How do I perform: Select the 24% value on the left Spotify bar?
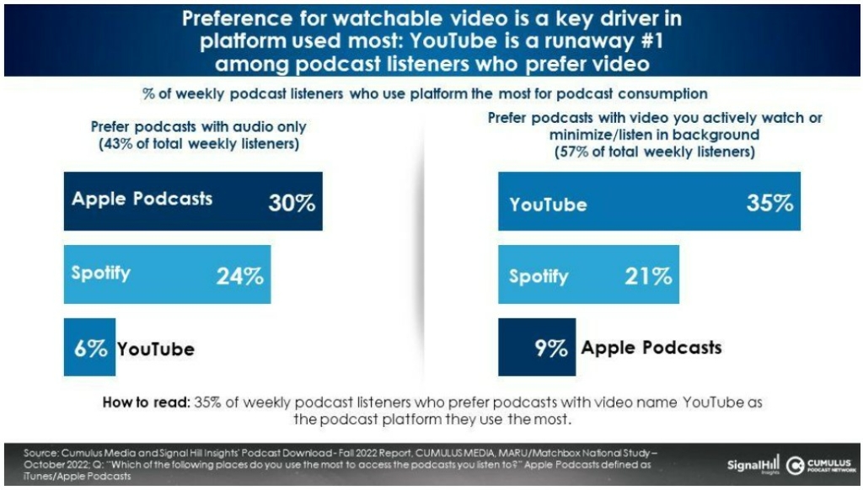[240, 275]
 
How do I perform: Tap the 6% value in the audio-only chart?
[90, 348]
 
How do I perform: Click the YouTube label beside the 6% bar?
[156, 349]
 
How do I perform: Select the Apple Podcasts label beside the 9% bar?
[651, 347]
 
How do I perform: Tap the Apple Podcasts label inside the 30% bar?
[142, 200]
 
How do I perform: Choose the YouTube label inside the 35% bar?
[548, 205]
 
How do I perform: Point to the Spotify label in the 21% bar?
[539, 276]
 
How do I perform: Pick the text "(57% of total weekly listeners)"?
[654, 153]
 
